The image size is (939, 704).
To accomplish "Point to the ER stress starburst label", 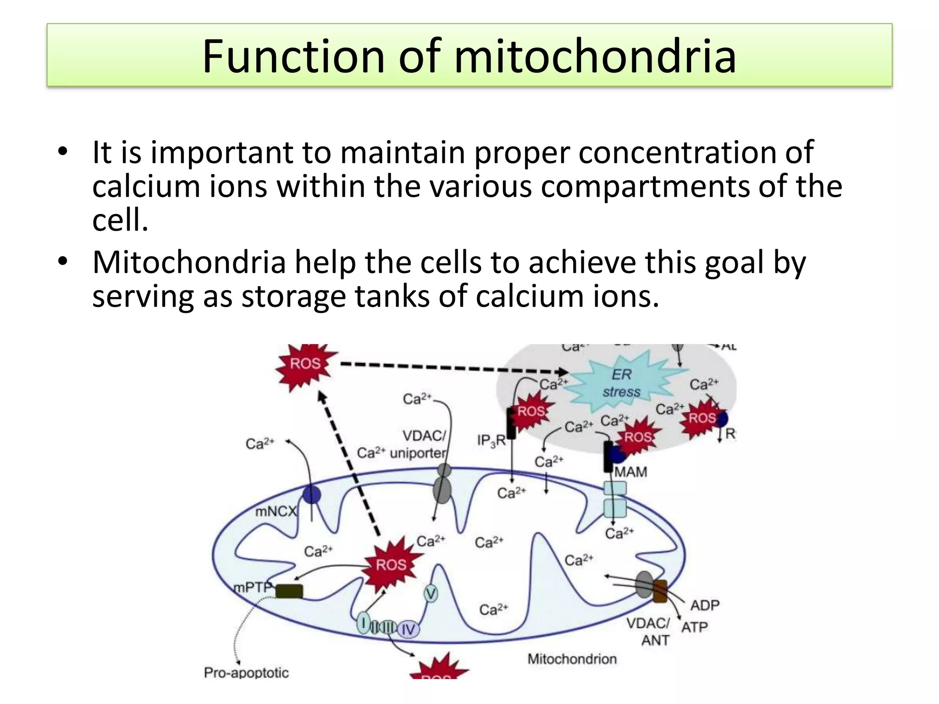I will (621, 383).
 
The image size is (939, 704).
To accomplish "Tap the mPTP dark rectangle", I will (289, 591).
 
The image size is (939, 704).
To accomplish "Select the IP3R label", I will (491, 441).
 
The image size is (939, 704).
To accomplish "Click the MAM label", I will (630, 472).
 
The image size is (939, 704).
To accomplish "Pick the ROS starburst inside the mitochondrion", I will (391, 565).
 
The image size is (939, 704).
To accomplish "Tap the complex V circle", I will (431, 594).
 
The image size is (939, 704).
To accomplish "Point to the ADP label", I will (705, 605).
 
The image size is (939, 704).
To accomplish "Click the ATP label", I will (695, 627).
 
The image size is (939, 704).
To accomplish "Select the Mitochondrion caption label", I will (572, 659).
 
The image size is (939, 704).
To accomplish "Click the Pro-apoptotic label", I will (246, 673).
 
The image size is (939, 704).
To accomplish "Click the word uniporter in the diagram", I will (417, 453).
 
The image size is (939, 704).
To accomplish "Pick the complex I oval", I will (363, 623).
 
